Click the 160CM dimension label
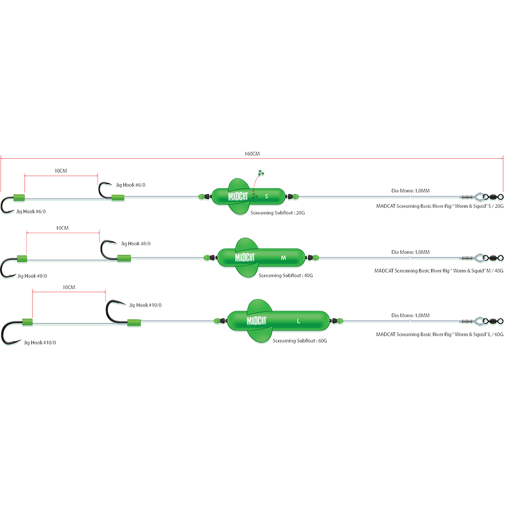point(251,154)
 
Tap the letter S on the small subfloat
point(267,196)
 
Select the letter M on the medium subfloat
point(283,258)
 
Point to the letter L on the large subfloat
point(299,321)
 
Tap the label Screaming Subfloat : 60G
point(300,341)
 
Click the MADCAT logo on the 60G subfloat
point(257,320)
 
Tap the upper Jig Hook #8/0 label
point(133,244)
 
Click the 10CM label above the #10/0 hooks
point(68,287)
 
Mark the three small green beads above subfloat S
point(260,173)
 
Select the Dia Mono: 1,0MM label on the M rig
point(410,252)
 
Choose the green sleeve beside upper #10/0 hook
point(134,322)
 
